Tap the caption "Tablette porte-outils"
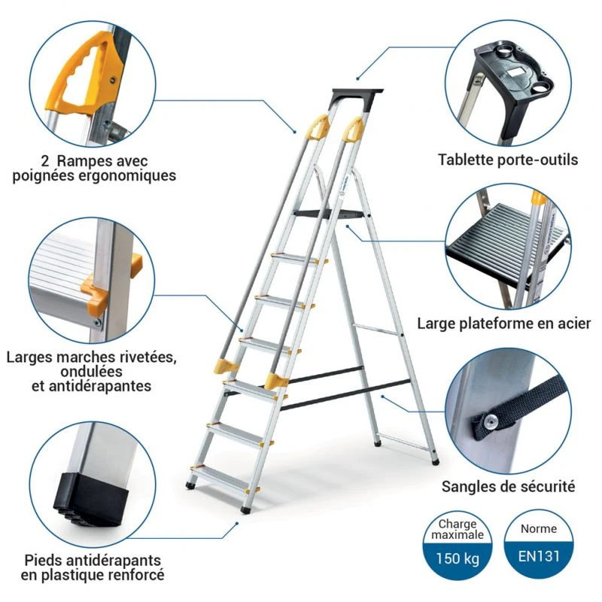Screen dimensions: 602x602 point(508,160)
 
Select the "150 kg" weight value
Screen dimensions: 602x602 point(460,559)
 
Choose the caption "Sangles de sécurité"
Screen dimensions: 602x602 point(509,486)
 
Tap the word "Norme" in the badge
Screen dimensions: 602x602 point(539,528)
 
